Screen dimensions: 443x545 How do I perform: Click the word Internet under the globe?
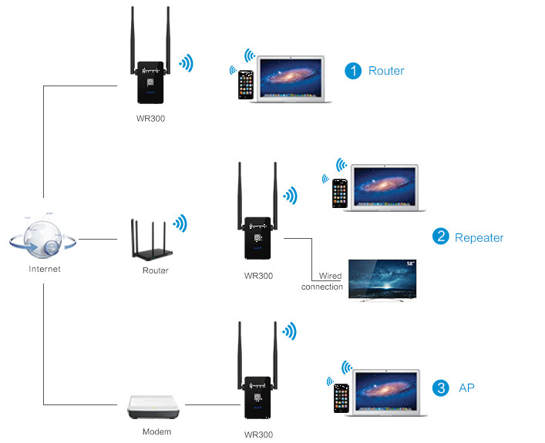(44, 270)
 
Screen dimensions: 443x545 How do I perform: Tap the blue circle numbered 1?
(353, 71)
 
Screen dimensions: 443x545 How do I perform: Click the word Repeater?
(479, 237)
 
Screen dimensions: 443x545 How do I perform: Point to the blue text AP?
(466, 388)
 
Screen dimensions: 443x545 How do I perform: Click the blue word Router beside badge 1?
(386, 71)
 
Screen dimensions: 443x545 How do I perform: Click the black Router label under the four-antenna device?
(155, 270)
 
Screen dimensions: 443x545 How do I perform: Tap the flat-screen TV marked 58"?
(382, 278)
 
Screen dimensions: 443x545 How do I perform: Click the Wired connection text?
(322, 281)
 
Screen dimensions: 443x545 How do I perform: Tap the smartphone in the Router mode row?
(245, 85)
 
